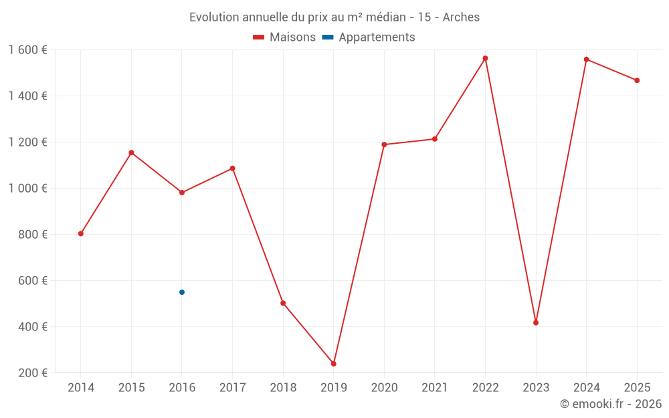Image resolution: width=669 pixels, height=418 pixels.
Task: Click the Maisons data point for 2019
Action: click(333, 364)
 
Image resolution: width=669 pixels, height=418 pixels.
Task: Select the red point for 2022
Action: click(485, 58)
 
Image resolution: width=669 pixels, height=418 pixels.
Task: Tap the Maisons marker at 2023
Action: click(536, 323)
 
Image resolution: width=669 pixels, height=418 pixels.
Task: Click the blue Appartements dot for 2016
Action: click(182, 292)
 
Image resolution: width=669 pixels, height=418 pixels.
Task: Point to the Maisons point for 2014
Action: click(81, 233)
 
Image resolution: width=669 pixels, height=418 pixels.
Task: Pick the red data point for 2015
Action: click(131, 152)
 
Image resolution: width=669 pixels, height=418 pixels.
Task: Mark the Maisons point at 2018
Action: click(283, 303)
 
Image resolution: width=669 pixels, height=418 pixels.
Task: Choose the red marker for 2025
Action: click(637, 80)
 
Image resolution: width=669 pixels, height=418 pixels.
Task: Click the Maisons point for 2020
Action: click(384, 144)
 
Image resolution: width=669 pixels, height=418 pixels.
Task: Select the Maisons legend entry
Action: click(284, 37)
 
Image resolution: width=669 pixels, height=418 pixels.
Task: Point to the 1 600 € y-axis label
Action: click(28, 50)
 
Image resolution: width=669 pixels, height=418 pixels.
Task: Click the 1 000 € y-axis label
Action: click(28, 189)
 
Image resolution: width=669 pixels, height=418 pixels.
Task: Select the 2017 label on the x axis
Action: click(232, 388)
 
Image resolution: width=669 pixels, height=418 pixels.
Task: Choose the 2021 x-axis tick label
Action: click(435, 388)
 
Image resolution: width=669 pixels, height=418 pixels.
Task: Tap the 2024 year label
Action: click(586, 388)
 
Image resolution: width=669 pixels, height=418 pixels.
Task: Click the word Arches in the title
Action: click(462, 17)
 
